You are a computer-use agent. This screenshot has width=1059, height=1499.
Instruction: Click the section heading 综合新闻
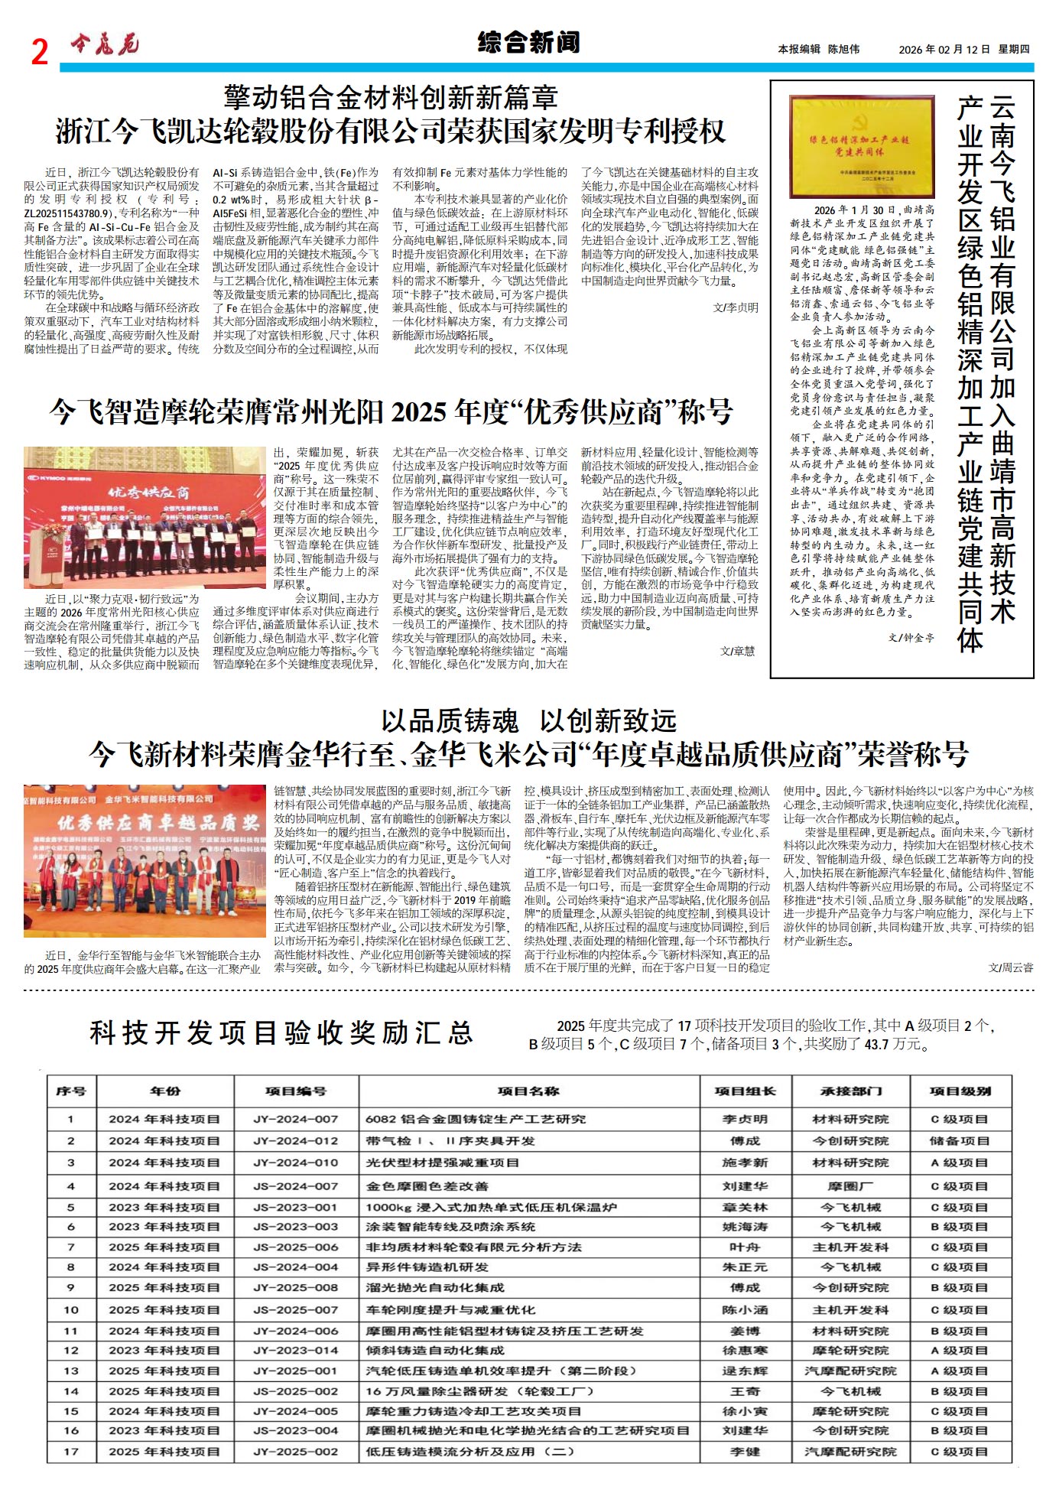pyautogui.click(x=528, y=42)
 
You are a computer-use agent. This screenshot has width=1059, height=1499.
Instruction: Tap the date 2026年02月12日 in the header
pyautogui.click(x=944, y=49)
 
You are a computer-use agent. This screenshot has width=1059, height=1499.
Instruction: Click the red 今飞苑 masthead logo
pyautogui.click(x=105, y=46)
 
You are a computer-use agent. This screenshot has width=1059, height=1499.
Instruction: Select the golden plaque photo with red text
pyautogui.click(x=861, y=146)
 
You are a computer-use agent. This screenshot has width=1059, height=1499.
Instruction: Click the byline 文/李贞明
pyautogui.click(x=736, y=307)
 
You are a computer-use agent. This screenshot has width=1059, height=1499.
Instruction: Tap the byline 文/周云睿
pyautogui.click(x=1010, y=967)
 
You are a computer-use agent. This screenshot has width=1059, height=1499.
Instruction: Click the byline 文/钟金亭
pyautogui.click(x=911, y=637)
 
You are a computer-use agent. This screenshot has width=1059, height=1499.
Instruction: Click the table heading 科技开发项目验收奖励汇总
pyautogui.click(x=281, y=1033)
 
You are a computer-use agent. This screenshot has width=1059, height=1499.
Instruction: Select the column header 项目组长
pyautogui.click(x=745, y=1091)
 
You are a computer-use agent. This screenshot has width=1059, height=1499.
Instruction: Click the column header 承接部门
pyautogui.click(x=850, y=1091)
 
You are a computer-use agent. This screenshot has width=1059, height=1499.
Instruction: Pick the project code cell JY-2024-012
pyautogui.click(x=295, y=1141)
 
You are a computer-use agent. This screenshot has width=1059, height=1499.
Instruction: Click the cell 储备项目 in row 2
pyautogui.click(x=960, y=1141)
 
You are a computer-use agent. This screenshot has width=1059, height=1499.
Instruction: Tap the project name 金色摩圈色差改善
pyautogui.click(x=427, y=1186)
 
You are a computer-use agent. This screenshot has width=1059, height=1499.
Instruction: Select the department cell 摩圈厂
pyautogui.click(x=850, y=1186)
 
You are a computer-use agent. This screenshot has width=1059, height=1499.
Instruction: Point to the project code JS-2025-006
pyautogui.click(x=295, y=1247)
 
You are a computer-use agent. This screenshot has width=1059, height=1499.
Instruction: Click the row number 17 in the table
pyautogui.click(x=71, y=1452)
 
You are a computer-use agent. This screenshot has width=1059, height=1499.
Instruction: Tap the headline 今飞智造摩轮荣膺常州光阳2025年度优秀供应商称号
pyautogui.click(x=391, y=412)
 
